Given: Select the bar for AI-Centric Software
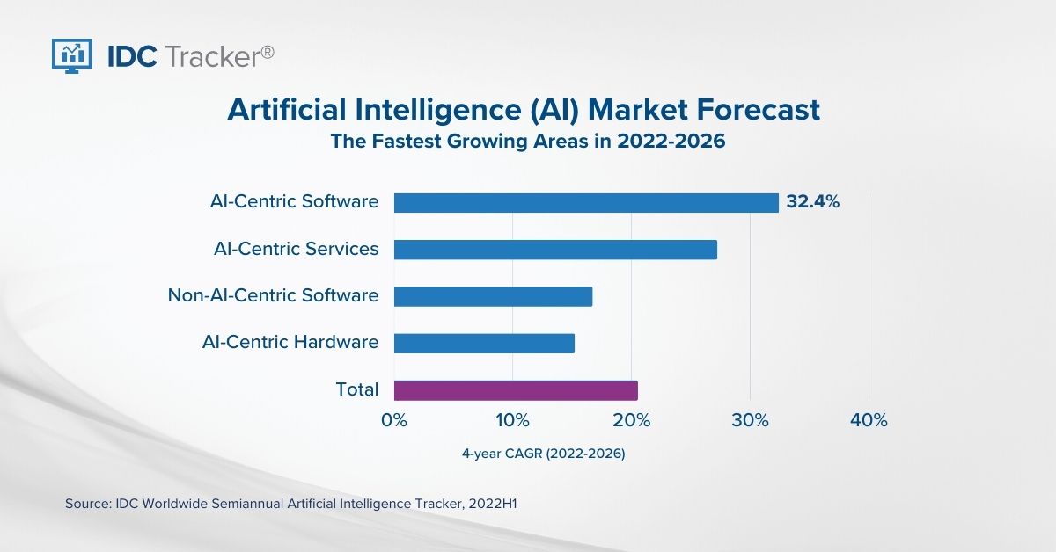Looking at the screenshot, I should [586, 202].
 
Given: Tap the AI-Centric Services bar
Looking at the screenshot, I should [555, 250].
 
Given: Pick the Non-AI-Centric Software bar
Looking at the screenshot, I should [493, 296].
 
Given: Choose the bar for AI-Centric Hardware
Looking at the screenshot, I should [484, 343].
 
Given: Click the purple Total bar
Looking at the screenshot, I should [516, 390].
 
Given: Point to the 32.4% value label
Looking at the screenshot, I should [813, 202].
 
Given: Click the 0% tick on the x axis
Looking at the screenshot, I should [394, 421].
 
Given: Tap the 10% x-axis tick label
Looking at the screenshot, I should [512, 421].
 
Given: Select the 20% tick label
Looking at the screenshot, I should [631, 421].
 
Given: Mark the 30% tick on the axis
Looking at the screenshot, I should [750, 421].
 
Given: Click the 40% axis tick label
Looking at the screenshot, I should [869, 421].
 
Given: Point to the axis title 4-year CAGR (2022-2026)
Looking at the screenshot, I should [544, 454].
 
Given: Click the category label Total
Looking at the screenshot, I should [357, 389].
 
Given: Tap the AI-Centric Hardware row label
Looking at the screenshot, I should [290, 342].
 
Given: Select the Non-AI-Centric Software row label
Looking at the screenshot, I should [274, 295].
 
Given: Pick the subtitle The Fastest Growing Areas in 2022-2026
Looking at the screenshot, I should [528, 142].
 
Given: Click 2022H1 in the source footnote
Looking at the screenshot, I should [499, 504].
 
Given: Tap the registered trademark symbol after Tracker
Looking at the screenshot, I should [268, 52].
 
